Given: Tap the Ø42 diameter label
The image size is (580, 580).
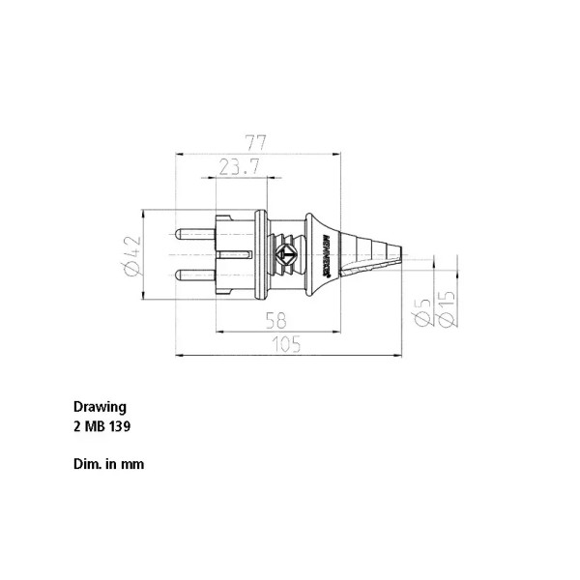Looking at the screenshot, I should point(132,256).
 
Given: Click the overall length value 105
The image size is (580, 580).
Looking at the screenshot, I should point(288,344).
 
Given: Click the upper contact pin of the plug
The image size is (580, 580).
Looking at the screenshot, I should point(193,234).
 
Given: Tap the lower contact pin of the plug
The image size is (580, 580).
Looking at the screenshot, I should point(193,274).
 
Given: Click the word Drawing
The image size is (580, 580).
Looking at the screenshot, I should point(100,407).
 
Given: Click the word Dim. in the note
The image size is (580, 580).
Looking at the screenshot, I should point(86,464).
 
